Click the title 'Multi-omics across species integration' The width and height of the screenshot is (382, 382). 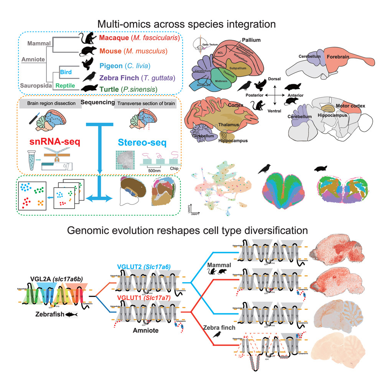tap(186, 24)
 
